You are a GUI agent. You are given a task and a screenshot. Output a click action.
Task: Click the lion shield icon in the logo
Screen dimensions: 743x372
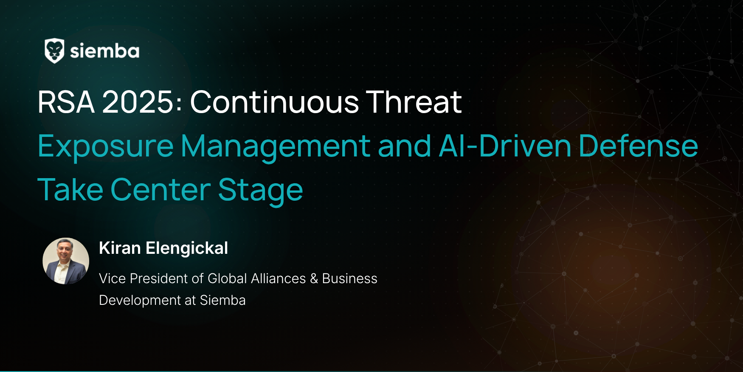tap(54, 51)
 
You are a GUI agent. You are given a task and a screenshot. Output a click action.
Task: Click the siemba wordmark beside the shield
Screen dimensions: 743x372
tap(105, 51)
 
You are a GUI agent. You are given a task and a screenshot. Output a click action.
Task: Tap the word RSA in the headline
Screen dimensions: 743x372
tap(66, 102)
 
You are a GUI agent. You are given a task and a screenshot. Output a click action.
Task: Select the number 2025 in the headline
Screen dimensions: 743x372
tap(138, 102)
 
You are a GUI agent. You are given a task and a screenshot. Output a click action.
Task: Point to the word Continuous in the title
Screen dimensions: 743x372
tap(275, 102)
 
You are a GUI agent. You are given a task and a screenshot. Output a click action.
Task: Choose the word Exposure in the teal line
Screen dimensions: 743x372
tap(106, 147)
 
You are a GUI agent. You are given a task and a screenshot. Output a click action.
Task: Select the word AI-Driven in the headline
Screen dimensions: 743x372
tap(505, 146)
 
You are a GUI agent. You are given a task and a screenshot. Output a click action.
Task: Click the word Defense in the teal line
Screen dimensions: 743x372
tap(639, 146)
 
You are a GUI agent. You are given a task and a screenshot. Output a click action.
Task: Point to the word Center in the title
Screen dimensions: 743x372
tap(160, 190)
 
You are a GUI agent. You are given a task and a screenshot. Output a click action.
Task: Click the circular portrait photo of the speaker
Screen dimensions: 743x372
tap(66, 261)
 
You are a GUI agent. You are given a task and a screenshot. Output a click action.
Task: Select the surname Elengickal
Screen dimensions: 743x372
tap(187, 248)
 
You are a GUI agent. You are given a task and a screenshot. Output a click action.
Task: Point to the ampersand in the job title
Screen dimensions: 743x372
tap(314, 278)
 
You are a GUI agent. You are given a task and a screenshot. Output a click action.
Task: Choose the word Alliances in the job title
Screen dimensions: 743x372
tap(279, 278)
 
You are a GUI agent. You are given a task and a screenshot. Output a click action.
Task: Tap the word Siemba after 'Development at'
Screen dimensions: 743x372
tap(223, 300)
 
